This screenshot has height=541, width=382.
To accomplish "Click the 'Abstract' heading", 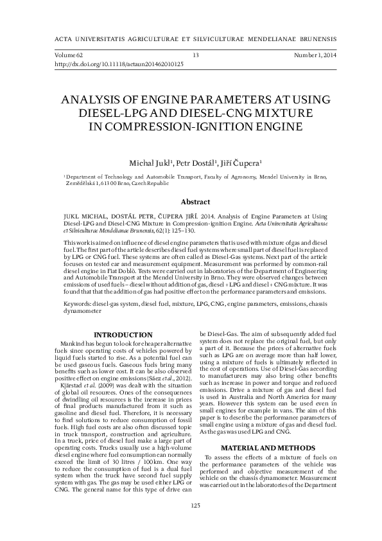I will (x=195, y=201).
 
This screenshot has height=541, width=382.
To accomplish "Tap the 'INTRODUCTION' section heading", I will (x=123, y=335).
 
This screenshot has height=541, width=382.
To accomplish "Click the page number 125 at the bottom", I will (x=195, y=524).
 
